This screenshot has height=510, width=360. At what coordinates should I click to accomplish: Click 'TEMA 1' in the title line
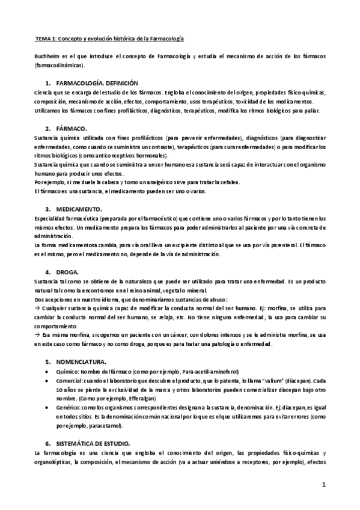[46, 38]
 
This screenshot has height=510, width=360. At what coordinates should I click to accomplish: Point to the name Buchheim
[46, 56]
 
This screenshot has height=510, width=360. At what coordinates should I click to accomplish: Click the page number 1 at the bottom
[323, 485]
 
